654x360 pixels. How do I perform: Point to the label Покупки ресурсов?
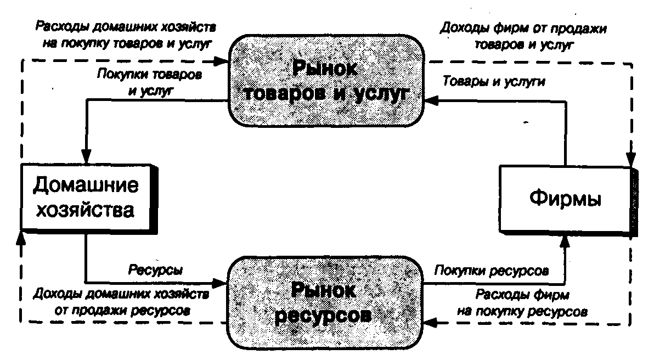click(492, 270)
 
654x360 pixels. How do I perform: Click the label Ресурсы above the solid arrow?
click(155, 270)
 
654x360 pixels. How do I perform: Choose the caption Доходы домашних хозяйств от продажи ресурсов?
click(122, 302)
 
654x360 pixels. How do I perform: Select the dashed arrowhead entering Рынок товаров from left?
click(222, 60)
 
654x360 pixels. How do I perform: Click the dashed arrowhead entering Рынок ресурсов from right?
click(432, 323)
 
